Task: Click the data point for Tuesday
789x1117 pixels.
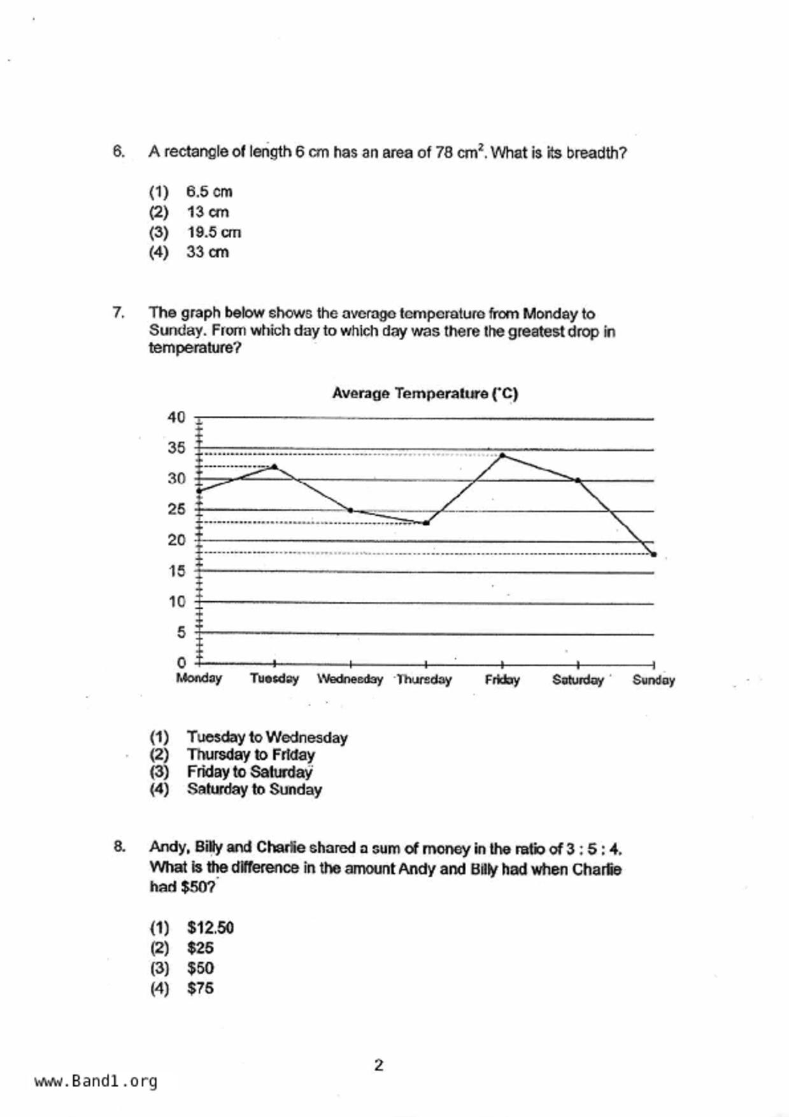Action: [274, 467]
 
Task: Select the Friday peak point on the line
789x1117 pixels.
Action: [502, 455]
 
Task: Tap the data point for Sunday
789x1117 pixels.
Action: [653, 554]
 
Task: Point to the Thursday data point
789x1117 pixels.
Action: [426, 523]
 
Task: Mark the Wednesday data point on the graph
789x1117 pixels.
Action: [350, 510]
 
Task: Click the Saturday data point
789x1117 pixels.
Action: [578, 480]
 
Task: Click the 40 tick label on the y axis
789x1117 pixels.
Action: [176, 418]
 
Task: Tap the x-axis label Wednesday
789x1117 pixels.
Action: [350, 679]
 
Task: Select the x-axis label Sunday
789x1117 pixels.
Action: [653, 680]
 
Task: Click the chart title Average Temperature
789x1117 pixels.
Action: [425, 394]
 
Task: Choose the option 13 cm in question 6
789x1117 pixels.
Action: [208, 212]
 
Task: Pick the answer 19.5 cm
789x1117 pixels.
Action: [214, 232]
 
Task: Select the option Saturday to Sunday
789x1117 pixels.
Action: [254, 790]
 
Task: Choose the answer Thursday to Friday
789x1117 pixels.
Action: [251, 755]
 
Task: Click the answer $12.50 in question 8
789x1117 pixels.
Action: [210, 928]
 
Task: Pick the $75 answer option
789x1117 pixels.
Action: [200, 988]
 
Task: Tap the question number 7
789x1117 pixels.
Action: [118, 313]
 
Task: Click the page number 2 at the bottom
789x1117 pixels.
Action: [379, 1065]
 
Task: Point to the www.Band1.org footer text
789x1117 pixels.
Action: [96, 1081]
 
